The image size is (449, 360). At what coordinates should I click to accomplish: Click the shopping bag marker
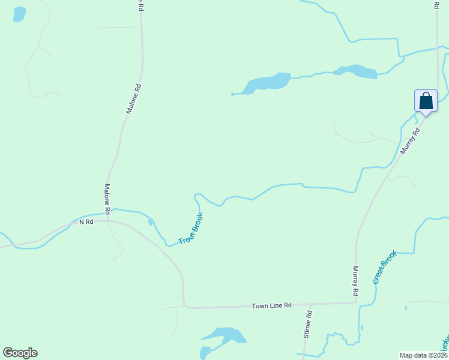point(426,100)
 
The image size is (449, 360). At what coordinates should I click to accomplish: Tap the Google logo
point(20,352)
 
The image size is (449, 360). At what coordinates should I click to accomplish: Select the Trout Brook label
point(191,229)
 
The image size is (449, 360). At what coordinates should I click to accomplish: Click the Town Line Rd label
point(271,305)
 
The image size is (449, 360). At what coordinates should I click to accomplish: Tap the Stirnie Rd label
point(307,325)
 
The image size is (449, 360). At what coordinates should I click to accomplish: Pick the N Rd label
point(86,222)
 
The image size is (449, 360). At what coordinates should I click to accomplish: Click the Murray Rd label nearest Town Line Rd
point(355,281)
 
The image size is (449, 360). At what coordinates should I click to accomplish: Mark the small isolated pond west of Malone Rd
point(19,14)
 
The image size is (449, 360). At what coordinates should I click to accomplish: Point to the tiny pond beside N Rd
point(150,223)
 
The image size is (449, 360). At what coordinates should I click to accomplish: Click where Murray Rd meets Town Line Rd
point(356,303)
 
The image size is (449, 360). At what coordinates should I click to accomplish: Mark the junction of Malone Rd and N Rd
point(109,220)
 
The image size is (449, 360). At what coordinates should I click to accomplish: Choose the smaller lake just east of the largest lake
point(357,71)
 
